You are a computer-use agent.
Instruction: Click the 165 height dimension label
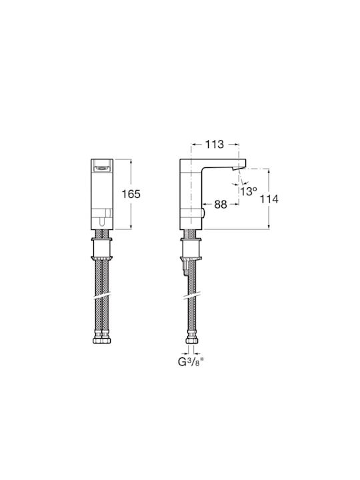pos(131,194)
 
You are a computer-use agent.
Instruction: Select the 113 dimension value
pos(214,144)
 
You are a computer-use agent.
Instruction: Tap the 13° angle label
pos(247,191)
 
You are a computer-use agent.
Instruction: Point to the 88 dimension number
pos(221,204)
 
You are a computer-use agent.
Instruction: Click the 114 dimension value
pos(269,199)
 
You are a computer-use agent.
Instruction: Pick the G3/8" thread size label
pos(191,362)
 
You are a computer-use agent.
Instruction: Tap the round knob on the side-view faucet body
pos(203,213)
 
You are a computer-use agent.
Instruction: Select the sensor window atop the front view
pos(102,168)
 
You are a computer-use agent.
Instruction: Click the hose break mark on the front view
pos(102,296)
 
